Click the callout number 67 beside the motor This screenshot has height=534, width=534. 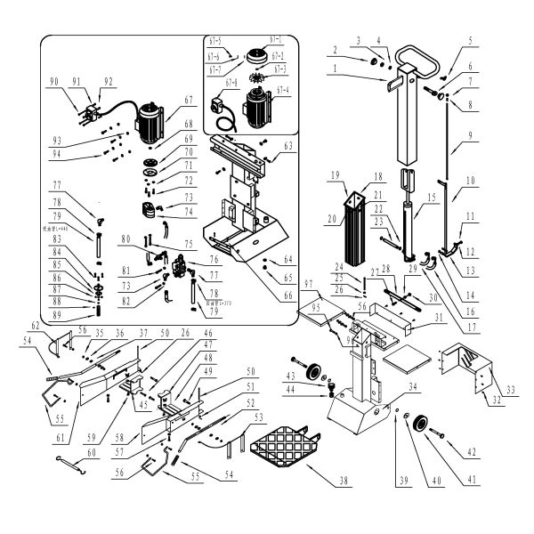(188, 101)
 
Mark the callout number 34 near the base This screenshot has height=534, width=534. (413, 387)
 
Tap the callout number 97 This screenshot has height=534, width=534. (309, 283)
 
